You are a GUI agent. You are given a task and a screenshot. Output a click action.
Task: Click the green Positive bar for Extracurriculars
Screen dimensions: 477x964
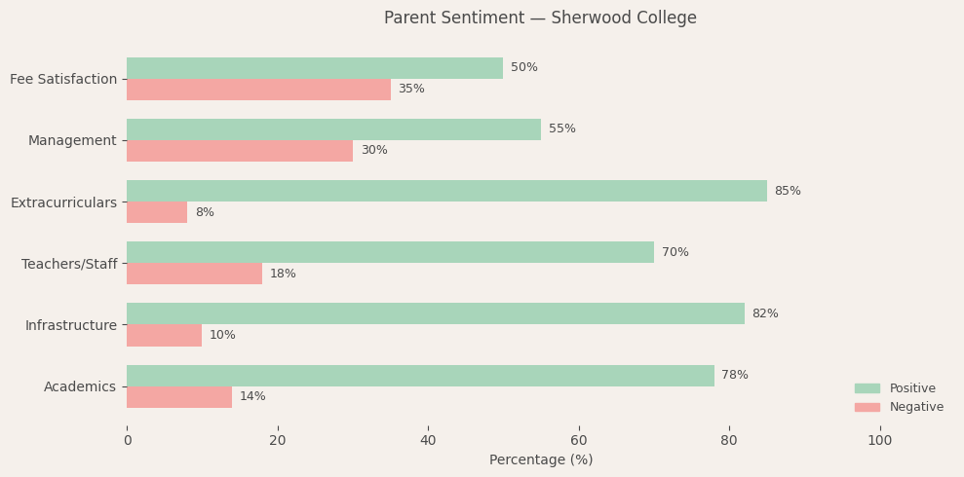coord(446,191)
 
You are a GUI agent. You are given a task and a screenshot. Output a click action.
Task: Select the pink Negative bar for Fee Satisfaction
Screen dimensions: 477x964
coord(258,90)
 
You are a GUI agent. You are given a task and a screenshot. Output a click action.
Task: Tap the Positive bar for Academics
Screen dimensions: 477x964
coord(420,376)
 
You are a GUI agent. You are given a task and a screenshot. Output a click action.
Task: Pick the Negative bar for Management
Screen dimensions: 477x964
coord(240,151)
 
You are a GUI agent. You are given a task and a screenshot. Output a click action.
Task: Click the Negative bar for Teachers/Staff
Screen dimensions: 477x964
coord(194,274)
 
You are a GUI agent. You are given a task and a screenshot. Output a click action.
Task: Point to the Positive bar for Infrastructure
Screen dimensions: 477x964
coord(435,313)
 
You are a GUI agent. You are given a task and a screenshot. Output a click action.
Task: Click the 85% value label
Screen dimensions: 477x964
coord(788,191)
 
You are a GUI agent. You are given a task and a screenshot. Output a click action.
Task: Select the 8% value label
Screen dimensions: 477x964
coord(205,212)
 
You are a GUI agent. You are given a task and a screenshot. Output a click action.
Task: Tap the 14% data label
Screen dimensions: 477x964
coord(252,396)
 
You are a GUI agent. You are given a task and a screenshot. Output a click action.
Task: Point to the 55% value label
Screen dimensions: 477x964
coord(561,128)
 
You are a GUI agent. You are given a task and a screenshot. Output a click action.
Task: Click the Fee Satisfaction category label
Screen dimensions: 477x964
coord(63,79)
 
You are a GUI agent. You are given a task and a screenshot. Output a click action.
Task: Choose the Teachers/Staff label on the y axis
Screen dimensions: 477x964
coord(69,264)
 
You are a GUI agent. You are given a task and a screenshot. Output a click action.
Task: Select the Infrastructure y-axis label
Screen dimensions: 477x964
coord(71,325)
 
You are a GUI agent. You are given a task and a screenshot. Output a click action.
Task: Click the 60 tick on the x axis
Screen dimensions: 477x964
coord(579,440)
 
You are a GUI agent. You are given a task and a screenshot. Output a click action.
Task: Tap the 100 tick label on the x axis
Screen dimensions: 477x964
coord(879,440)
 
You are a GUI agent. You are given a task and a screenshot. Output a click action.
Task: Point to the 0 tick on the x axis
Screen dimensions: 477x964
coord(127,440)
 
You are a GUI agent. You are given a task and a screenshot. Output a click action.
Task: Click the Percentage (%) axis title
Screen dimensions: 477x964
coord(541,459)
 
